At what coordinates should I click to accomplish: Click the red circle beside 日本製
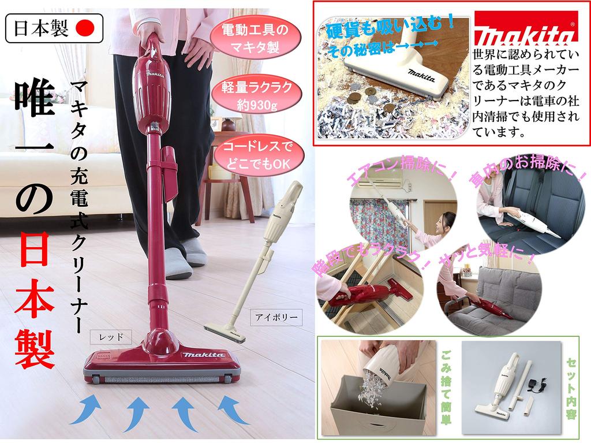coord(85,28)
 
